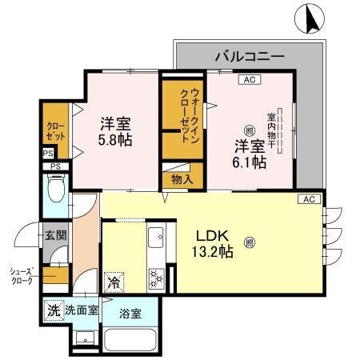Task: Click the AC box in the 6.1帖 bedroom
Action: coord(248,78)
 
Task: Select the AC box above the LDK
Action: coord(308,198)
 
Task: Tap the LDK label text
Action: coord(214,236)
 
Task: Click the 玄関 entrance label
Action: coord(55,235)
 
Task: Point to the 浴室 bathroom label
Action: coord(130,313)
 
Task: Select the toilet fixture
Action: coord(55,191)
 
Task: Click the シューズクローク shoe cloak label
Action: coord(22,277)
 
